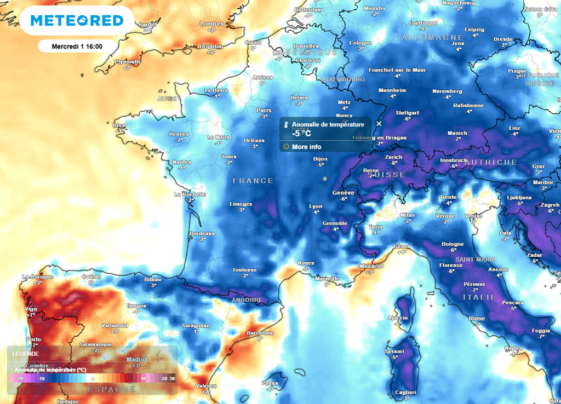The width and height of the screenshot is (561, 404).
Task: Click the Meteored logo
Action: click(x=77, y=21)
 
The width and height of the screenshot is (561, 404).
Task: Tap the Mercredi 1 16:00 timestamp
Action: click(x=77, y=47)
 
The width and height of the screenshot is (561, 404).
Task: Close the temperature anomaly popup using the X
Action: click(x=379, y=124)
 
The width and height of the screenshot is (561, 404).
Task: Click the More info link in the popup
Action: click(x=306, y=147)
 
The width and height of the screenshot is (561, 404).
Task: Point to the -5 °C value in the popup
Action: click(x=301, y=133)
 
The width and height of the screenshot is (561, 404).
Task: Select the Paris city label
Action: click(x=264, y=110)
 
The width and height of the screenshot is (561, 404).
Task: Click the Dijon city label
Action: click(x=320, y=159)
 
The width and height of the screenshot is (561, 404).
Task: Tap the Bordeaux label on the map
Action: click(x=202, y=233)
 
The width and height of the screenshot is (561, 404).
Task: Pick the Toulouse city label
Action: click(x=244, y=270)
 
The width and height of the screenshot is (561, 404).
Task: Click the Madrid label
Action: click(x=136, y=360)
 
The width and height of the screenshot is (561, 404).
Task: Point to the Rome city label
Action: click(x=477, y=319)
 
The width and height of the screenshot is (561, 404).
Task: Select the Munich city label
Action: click(x=457, y=133)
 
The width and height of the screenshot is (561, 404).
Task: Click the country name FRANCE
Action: click(x=253, y=181)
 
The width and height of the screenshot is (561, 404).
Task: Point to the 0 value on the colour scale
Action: click(x=93, y=378)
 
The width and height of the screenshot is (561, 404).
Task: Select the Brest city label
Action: click(x=119, y=125)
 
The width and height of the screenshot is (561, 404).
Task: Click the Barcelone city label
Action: click(x=260, y=333)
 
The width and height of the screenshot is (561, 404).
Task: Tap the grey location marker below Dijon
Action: click(x=325, y=178)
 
